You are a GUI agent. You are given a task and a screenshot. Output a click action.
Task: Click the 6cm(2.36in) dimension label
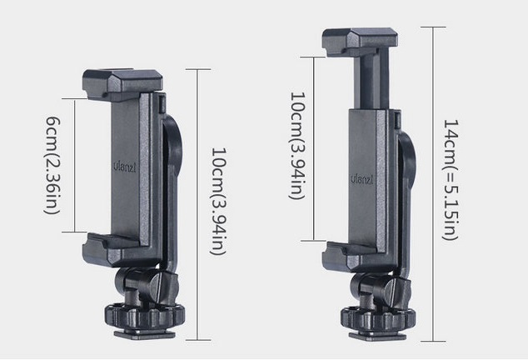pyautogui.click(x=52, y=165)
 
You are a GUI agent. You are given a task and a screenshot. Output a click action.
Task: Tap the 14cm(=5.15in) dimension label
pyautogui.click(x=450, y=179)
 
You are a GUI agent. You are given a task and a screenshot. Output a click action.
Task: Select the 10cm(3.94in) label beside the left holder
pyautogui.click(x=218, y=201)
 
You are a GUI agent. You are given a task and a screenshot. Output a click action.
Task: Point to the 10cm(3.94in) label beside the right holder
pyautogui.click(x=297, y=146)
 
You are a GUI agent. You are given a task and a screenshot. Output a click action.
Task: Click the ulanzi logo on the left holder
pyautogui.click(x=124, y=167)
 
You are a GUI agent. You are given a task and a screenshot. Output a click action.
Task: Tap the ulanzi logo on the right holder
pyautogui.click(x=362, y=179)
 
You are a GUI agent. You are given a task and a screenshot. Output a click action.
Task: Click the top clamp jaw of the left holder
pyautogui.click(x=122, y=85)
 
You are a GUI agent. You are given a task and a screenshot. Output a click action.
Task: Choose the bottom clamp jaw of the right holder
pyautogui.click(x=356, y=257)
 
